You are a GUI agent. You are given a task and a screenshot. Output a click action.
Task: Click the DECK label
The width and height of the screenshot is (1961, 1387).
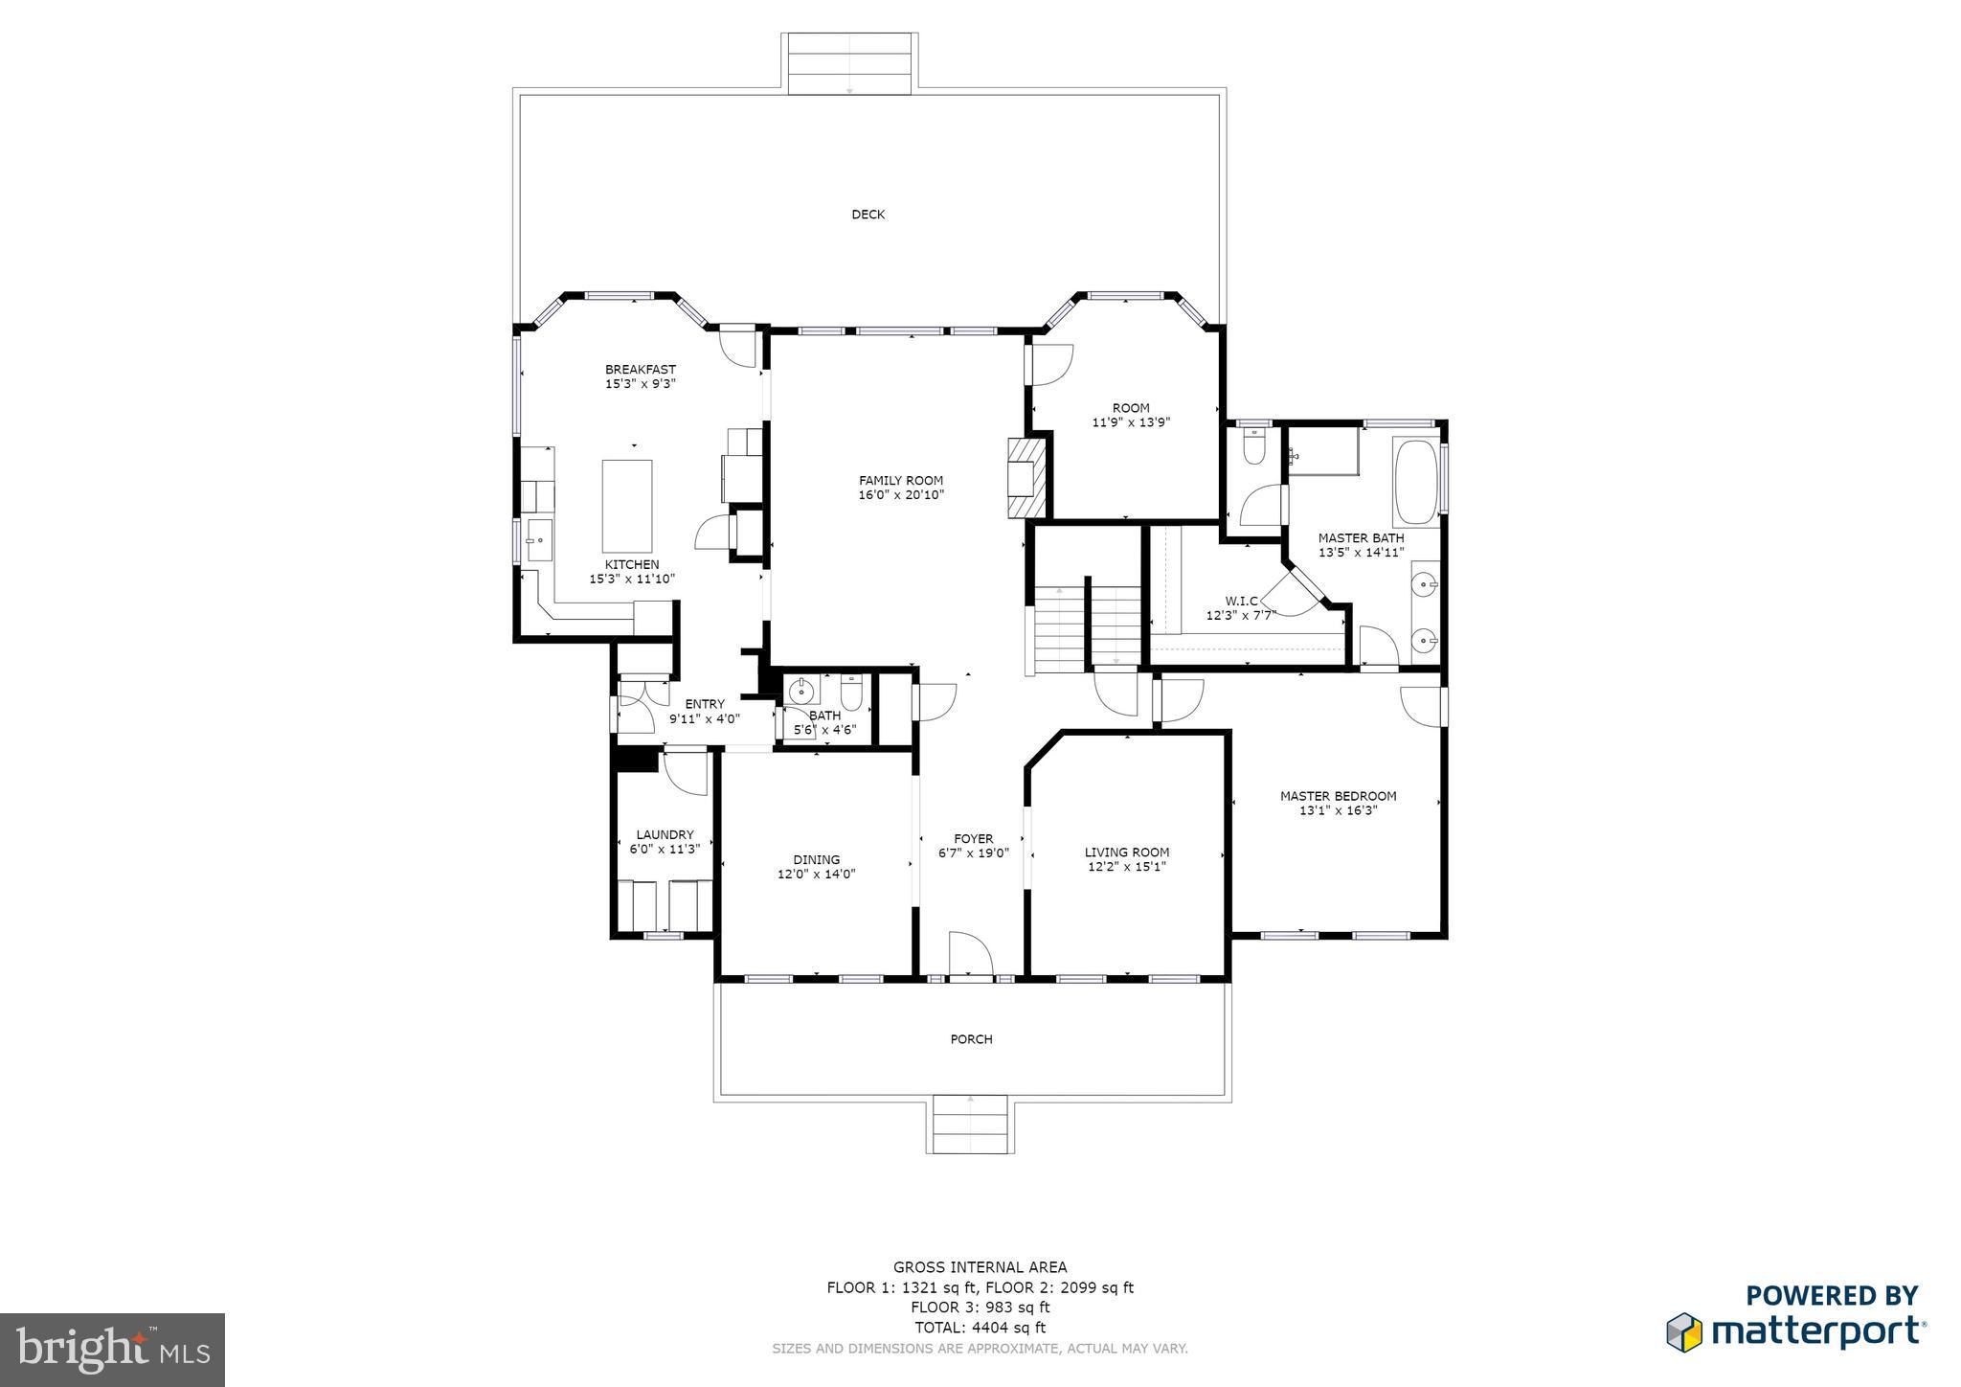[x=868, y=215]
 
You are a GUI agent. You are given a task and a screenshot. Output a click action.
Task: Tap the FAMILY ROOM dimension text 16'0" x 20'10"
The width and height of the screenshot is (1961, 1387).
[x=900, y=495]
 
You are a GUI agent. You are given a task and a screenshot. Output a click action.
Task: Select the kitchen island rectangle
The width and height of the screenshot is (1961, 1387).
[x=627, y=506]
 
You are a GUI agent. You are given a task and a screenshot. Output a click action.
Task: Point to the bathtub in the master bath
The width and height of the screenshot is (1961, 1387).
[x=1416, y=482]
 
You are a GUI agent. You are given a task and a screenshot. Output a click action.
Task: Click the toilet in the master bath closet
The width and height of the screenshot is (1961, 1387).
[x=1252, y=447]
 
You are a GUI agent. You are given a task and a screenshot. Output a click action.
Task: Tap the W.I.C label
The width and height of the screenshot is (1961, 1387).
[x=1241, y=602]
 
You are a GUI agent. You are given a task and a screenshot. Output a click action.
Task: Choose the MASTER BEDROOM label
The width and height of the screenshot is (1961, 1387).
[x=1338, y=796]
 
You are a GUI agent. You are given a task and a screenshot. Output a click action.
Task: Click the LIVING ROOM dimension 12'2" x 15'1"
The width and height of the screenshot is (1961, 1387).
[x=1126, y=867]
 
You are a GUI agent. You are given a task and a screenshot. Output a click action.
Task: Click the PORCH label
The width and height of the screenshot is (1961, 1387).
[x=971, y=1039]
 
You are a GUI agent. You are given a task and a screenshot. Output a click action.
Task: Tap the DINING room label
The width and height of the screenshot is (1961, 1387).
[x=816, y=860]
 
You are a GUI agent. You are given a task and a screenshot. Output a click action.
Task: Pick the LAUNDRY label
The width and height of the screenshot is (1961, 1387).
[x=665, y=835]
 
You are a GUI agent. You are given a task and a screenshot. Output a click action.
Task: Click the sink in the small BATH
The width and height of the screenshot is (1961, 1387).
[x=800, y=690]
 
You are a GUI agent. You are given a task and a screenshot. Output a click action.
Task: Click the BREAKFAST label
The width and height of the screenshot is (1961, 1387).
[x=640, y=370]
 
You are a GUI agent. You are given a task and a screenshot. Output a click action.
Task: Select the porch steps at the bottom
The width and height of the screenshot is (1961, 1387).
[x=969, y=1126]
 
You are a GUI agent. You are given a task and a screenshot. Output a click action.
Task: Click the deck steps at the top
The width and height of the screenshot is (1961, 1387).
[x=849, y=63]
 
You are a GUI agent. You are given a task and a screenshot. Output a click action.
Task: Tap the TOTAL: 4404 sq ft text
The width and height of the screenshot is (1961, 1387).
[x=980, y=1328]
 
